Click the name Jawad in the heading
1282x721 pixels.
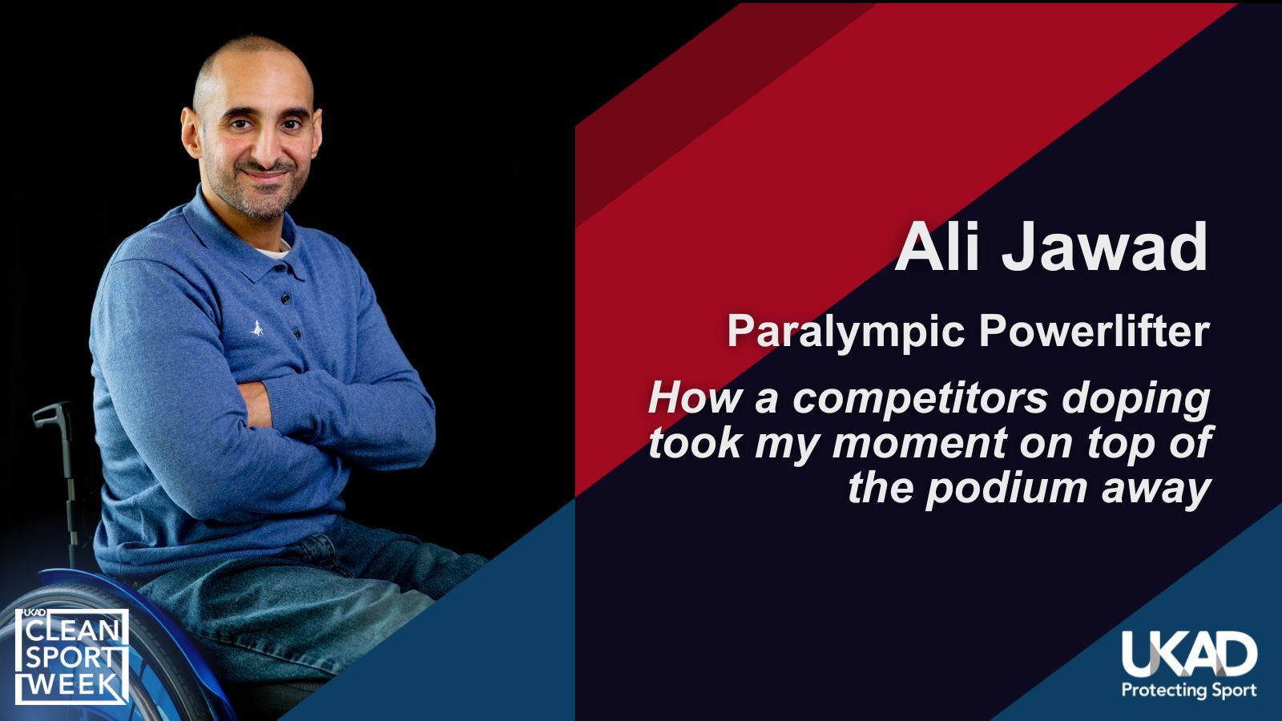(1105, 247)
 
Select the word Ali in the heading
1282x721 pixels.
(937, 247)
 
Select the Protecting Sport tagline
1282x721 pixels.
(1189, 690)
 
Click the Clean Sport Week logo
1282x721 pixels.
(71, 656)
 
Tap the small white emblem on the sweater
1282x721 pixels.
(257, 328)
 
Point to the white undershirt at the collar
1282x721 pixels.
(273, 250)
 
